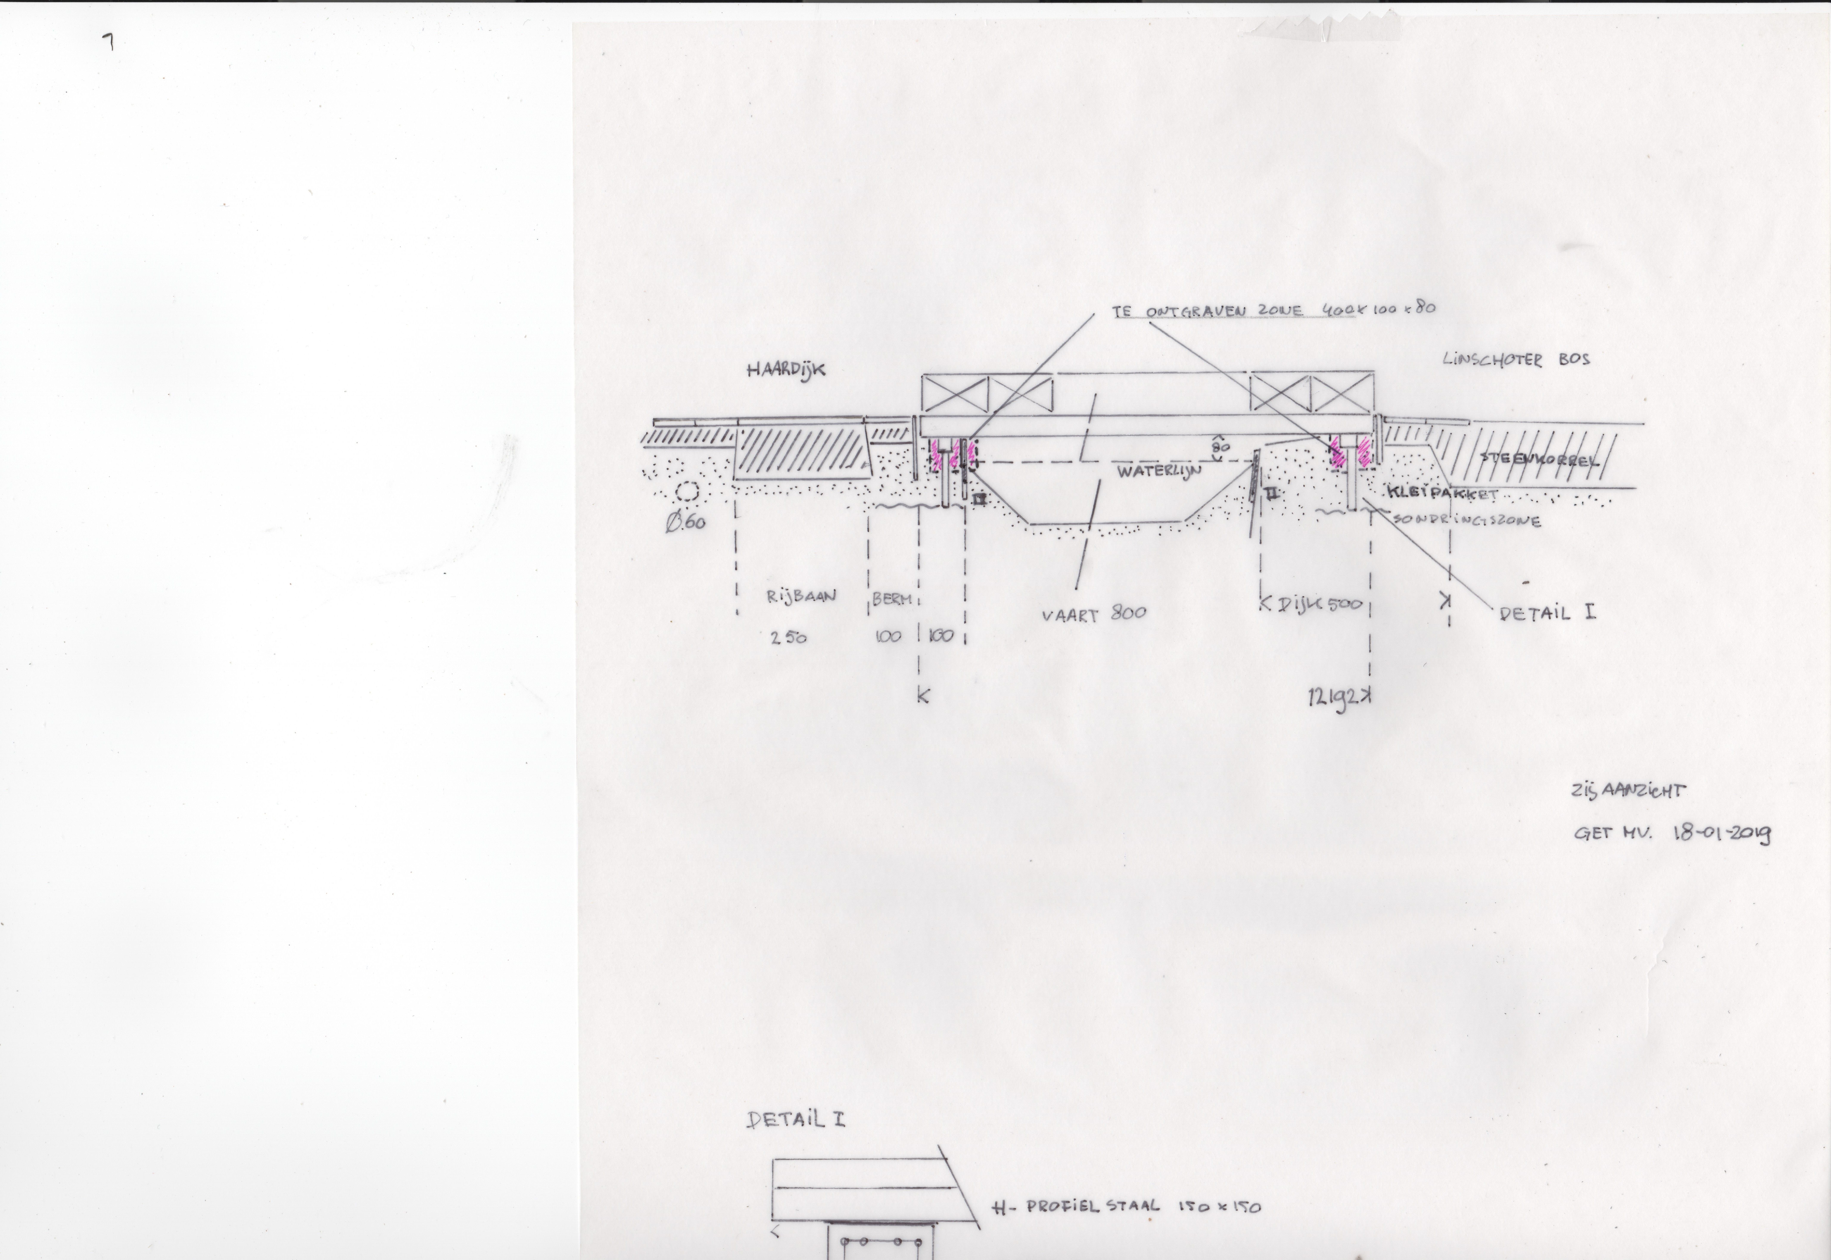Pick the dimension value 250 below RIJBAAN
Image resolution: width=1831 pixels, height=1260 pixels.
click(788, 638)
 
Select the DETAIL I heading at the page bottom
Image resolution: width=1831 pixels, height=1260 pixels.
click(795, 1120)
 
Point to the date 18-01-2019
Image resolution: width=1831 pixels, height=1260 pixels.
click(1721, 834)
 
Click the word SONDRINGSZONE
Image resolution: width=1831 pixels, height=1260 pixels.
click(1466, 520)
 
